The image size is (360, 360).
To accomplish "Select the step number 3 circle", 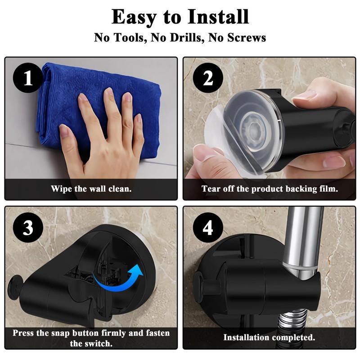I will (28, 228).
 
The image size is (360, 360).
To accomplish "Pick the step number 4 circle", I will (208, 228).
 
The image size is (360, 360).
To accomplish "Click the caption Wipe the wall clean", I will (91, 189).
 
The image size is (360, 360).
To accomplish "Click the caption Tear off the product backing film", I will (270, 189).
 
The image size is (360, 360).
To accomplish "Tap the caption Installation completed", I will (269, 337).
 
